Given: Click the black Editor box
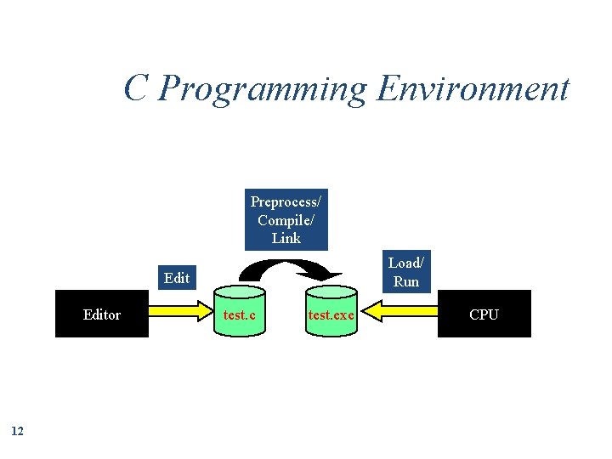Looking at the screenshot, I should click(x=101, y=314).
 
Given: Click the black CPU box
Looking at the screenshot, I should click(x=484, y=314).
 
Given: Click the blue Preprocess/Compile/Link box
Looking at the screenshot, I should click(x=286, y=219).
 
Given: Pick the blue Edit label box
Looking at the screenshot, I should click(x=177, y=278).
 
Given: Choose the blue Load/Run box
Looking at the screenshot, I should click(x=405, y=272).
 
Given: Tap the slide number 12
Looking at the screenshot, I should click(x=18, y=431).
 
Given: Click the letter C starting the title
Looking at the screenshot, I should click(x=136, y=88).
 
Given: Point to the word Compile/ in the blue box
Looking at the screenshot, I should click(x=286, y=220).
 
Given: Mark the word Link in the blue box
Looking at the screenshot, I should click(x=286, y=238).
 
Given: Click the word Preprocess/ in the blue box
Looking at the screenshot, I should click(x=286, y=201).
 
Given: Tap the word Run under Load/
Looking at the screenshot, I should click(x=406, y=281).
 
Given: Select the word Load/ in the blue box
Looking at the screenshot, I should click(x=405, y=263).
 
